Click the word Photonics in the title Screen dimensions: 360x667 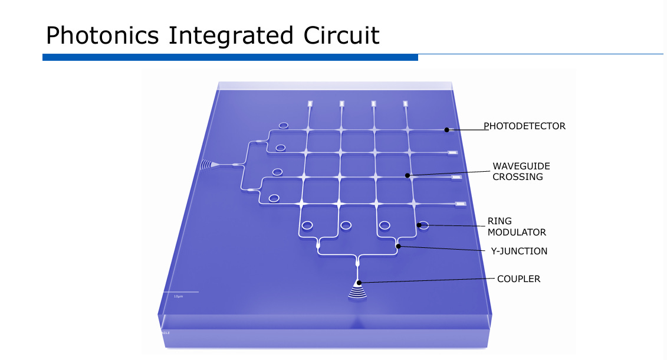(x=102, y=35)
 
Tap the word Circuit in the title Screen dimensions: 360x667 (x=341, y=35)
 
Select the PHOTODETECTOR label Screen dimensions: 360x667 (x=524, y=126)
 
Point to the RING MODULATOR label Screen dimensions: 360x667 (x=517, y=227)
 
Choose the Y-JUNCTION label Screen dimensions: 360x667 (x=519, y=251)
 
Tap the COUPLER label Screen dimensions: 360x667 (x=518, y=279)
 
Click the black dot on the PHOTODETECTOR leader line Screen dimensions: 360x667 (x=447, y=130)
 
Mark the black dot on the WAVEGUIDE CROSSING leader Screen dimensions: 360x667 (x=408, y=175)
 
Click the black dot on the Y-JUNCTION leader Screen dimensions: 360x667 (x=399, y=246)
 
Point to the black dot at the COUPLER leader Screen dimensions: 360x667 (x=358, y=283)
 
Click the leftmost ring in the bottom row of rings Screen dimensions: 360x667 (x=307, y=225)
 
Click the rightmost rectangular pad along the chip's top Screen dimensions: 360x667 (x=406, y=104)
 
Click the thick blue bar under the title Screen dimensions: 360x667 (x=230, y=57)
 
